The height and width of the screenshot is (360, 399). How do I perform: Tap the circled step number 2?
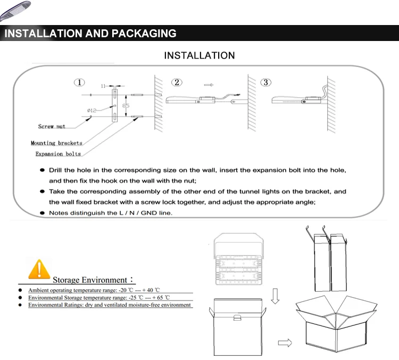click(177, 83)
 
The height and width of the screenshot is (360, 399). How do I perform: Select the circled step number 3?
click(266, 83)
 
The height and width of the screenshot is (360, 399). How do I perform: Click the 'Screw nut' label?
click(52, 127)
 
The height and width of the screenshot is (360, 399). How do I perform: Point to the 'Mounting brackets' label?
click(56, 143)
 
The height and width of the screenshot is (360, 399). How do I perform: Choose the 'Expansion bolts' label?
click(58, 154)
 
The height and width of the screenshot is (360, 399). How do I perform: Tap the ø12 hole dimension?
click(91, 110)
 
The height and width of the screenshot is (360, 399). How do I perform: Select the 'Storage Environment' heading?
click(90, 280)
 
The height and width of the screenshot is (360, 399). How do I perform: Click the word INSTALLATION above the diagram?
click(199, 55)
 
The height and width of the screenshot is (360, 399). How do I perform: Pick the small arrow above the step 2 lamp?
click(209, 84)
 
